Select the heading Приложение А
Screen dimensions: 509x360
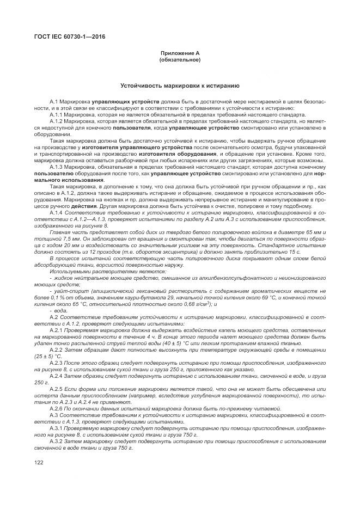point(180,53)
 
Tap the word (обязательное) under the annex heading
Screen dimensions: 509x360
point(180,59)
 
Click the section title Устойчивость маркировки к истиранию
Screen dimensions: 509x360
point(180,85)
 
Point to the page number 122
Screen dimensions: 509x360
point(39,463)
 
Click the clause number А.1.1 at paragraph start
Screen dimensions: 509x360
point(57,115)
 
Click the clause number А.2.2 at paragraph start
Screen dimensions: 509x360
point(57,349)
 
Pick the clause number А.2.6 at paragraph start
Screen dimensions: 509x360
point(57,408)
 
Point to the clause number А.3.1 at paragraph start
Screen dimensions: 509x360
point(57,427)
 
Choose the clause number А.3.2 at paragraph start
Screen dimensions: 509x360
point(57,440)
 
